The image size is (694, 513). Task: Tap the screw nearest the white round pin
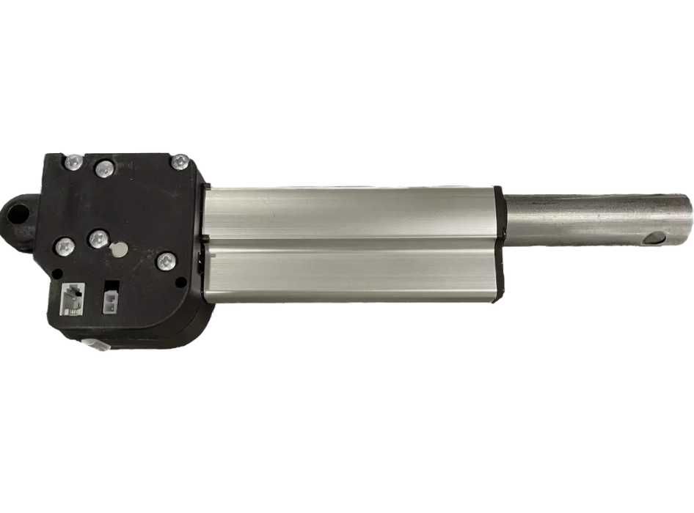click(96, 238)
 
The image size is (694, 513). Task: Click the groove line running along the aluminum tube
click(352, 240)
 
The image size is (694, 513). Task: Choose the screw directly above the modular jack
click(65, 248)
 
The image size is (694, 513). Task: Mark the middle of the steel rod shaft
click(594, 220)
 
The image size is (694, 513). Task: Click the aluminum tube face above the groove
click(352, 209)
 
